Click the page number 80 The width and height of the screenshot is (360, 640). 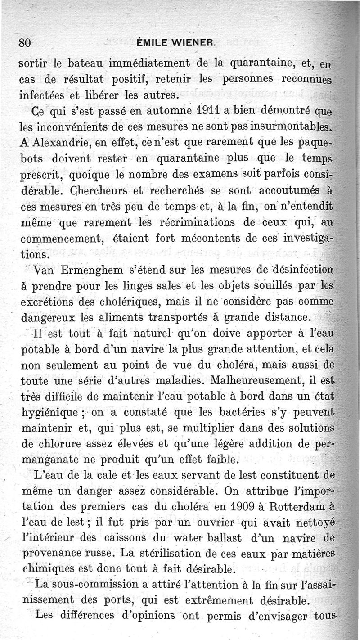coord(24,43)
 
